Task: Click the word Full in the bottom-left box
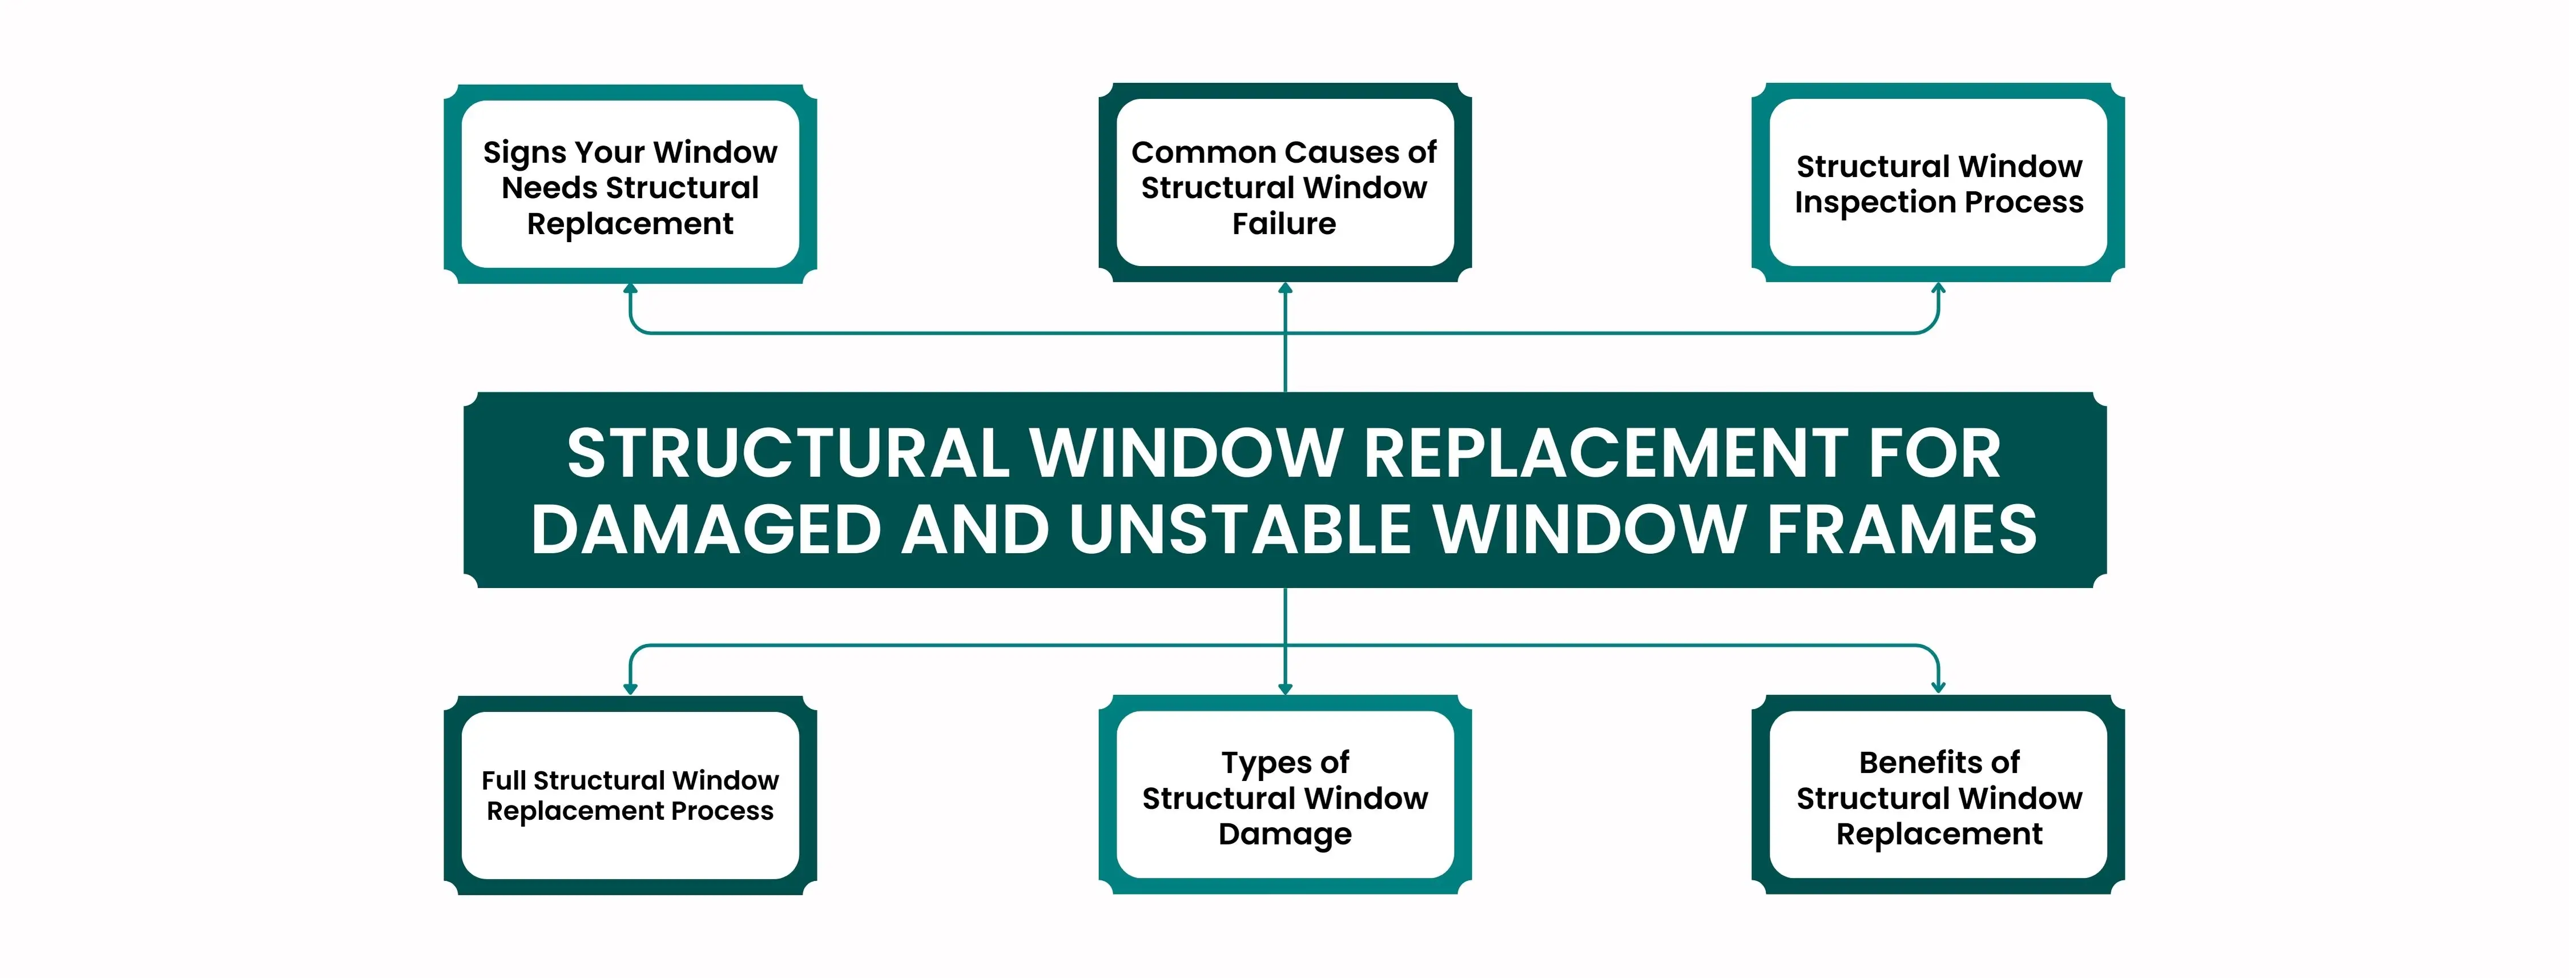(x=504, y=780)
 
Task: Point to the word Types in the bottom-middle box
(x=1261, y=763)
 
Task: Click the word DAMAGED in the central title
(x=706, y=529)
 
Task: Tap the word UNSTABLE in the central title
(x=1239, y=529)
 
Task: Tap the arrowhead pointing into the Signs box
(x=630, y=289)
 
